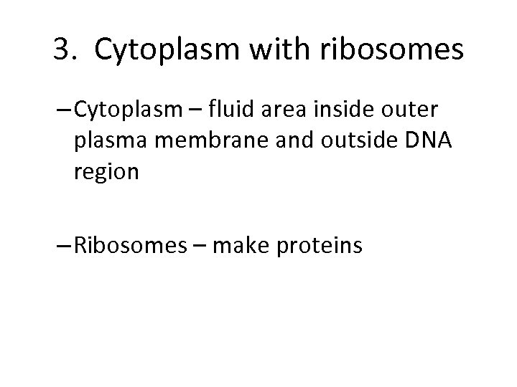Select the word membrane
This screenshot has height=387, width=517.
pos(190,143)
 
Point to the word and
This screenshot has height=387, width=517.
pos(269,143)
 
